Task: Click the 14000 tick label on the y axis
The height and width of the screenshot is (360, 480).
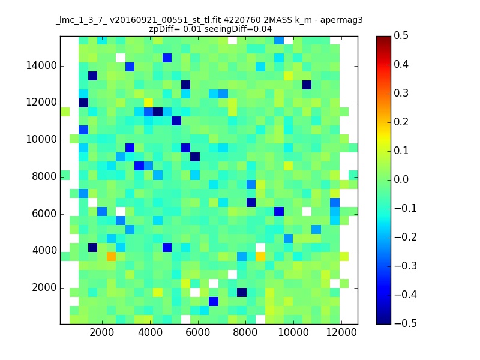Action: tap(41, 65)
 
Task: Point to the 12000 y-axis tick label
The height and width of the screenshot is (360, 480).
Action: tap(41, 103)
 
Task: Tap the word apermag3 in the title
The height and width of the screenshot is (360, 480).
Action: tap(341, 20)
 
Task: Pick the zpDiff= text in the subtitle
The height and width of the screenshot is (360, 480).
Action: tap(164, 29)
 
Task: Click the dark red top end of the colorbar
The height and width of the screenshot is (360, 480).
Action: tap(383, 39)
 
